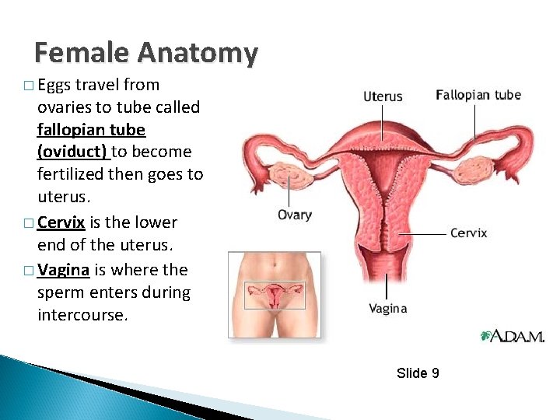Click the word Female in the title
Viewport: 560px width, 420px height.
82,53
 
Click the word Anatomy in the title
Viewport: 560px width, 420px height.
197,53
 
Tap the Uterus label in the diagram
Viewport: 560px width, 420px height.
383,96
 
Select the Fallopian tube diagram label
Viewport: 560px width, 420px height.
478,95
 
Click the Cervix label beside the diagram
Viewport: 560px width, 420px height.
469,233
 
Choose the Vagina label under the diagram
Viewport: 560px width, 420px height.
387,309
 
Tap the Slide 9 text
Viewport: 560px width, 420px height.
418,373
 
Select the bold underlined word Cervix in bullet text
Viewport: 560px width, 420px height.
61,222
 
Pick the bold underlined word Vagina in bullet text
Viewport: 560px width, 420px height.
65,269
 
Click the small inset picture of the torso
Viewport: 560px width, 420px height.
274,294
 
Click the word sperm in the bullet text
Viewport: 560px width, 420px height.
59,292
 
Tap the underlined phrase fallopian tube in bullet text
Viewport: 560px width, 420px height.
91,129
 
